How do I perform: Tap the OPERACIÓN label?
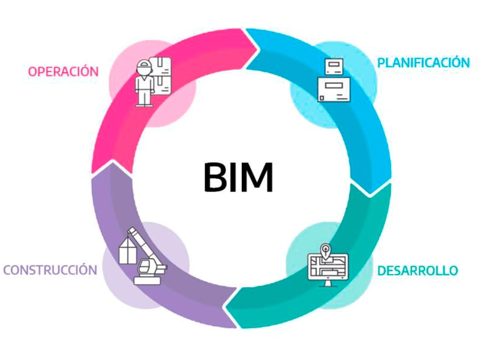tap(63, 71)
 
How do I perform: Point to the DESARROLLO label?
tap(417, 270)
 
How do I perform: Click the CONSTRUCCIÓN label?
tap(50, 270)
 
